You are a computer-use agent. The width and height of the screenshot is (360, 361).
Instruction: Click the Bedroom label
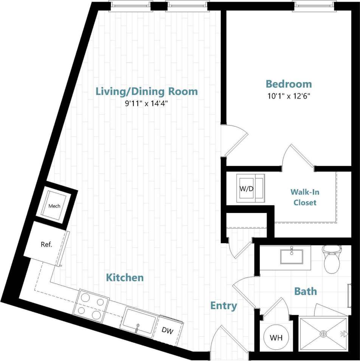(289, 84)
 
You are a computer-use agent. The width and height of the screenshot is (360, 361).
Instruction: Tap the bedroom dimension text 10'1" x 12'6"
(289, 96)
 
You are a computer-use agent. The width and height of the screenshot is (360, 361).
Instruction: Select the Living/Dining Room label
(146, 92)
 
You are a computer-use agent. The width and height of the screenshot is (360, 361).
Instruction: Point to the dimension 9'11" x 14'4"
(146, 103)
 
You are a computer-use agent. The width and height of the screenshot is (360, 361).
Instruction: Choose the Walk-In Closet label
(305, 197)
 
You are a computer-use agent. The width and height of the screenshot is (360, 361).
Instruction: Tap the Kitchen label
(125, 278)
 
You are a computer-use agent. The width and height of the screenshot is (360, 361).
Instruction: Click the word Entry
(223, 306)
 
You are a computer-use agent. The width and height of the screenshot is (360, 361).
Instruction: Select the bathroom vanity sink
(292, 256)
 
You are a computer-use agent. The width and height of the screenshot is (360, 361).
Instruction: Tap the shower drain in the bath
(323, 334)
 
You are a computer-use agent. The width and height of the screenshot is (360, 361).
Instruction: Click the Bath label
(306, 291)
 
